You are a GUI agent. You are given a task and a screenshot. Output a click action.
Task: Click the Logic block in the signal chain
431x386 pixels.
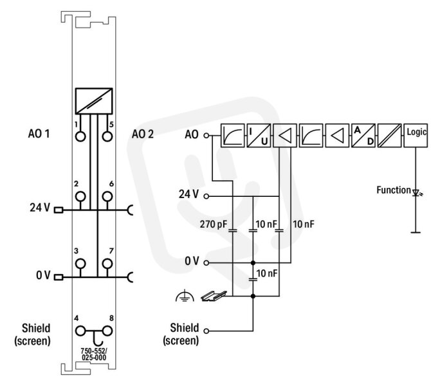tap(416, 136)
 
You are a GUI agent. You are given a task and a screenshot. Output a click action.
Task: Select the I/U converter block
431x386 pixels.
tap(259, 136)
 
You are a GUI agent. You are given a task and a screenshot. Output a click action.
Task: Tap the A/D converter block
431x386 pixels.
tap(363, 136)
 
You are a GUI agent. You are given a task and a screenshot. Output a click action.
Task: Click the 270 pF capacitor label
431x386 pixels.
tap(214, 225)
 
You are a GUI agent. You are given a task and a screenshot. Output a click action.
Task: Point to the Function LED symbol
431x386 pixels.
tap(416, 192)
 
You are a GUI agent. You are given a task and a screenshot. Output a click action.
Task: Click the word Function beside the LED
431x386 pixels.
tap(393, 190)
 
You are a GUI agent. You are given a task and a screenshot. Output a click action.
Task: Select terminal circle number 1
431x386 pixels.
tap(80, 136)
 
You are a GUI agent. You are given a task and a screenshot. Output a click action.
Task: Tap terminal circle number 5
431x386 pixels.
tap(107, 136)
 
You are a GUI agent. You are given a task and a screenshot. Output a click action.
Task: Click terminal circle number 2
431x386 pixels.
tap(80, 196)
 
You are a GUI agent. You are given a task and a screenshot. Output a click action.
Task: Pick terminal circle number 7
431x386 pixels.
tap(107, 263)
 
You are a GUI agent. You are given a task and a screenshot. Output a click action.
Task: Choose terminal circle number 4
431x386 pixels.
tap(80, 331)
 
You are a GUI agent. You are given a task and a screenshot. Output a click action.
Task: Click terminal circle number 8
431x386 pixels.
tap(107, 331)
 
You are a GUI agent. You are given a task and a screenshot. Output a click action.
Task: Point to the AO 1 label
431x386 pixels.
tap(39, 134)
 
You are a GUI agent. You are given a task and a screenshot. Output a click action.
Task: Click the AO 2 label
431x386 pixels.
tap(143, 134)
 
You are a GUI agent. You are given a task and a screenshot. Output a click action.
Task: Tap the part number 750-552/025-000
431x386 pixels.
tap(94, 354)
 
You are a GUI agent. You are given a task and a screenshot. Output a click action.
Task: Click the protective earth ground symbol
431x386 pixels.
tap(185, 295)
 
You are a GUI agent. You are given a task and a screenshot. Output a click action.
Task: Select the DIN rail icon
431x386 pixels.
tap(214, 295)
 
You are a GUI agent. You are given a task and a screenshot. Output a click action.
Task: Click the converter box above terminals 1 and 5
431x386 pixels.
tap(94, 101)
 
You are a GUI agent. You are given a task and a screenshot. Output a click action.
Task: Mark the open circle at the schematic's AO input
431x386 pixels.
tap(206, 135)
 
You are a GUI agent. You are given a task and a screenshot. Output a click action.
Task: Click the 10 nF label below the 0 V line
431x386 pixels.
tap(267, 273)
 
